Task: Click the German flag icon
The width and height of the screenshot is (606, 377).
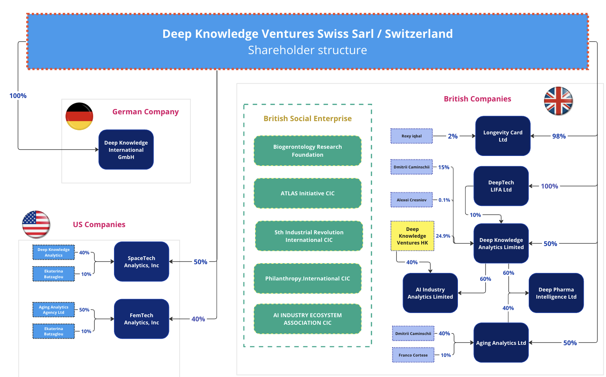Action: click(x=79, y=116)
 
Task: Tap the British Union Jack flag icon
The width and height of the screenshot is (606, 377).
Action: click(x=558, y=101)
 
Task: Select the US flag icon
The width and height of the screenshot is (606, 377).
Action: click(x=36, y=224)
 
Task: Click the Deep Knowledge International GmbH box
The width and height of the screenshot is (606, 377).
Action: click(x=126, y=150)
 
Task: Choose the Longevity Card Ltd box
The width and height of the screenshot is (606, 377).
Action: click(x=503, y=136)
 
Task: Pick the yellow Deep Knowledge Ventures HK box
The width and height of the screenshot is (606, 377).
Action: click(x=412, y=236)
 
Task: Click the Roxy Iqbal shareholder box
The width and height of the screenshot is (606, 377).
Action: click(x=411, y=136)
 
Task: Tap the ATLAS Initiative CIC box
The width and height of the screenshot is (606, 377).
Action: click(x=308, y=193)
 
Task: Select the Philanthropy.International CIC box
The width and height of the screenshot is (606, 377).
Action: click(x=308, y=278)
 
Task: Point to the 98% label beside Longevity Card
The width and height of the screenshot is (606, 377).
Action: click(x=559, y=136)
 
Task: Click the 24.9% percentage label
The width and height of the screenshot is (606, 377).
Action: click(x=443, y=236)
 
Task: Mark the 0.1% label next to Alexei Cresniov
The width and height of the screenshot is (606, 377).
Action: click(x=444, y=200)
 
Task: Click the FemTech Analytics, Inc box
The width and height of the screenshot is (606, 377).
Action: click(x=141, y=319)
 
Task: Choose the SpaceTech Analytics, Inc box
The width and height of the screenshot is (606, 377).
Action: click(x=141, y=262)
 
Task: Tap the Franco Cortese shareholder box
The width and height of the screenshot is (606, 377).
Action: click(x=413, y=355)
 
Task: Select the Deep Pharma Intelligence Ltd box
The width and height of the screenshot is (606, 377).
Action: click(x=556, y=293)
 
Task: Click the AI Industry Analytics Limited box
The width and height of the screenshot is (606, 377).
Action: click(x=430, y=293)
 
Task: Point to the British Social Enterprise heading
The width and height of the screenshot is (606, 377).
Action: click(x=308, y=118)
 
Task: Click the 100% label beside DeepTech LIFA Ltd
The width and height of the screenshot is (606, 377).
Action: click(x=549, y=186)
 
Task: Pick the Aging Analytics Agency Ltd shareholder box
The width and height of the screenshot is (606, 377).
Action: click(x=53, y=310)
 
